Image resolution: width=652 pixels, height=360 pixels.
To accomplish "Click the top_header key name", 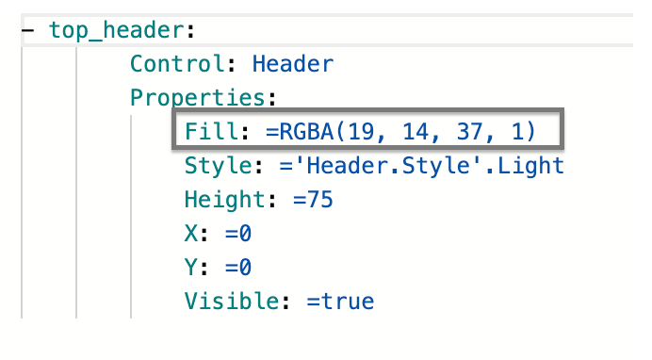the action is pyautogui.click(x=117, y=30).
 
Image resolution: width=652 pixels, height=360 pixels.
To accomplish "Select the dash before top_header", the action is pyautogui.click(x=28, y=30).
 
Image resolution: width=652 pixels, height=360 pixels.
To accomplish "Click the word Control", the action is pyautogui.click(x=177, y=63).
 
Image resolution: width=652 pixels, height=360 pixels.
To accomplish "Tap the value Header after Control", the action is pyautogui.click(x=293, y=63).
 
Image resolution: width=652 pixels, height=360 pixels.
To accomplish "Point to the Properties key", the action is pyautogui.click(x=198, y=98).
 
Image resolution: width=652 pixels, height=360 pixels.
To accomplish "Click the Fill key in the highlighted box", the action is pyautogui.click(x=211, y=131).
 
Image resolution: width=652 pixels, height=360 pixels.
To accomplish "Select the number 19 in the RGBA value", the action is pyautogui.click(x=362, y=131).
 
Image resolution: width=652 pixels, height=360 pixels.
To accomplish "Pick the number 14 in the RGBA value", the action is pyautogui.click(x=416, y=131).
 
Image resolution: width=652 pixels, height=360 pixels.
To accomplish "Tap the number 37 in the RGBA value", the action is pyautogui.click(x=470, y=131).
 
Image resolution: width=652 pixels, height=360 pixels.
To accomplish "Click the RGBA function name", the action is pyautogui.click(x=306, y=131).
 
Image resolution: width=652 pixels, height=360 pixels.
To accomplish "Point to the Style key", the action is pyautogui.click(x=218, y=166).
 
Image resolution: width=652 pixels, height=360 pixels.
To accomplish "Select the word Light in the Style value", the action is pyautogui.click(x=531, y=166).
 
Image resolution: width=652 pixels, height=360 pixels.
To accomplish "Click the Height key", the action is pyautogui.click(x=224, y=199).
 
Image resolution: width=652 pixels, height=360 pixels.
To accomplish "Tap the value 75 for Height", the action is pyautogui.click(x=319, y=200).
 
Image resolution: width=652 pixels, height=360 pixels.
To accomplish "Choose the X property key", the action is pyautogui.click(x=191, y=233).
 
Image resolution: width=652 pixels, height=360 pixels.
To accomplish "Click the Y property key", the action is pyautogui.click(x=191, y=267).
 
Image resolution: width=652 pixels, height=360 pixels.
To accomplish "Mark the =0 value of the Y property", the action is pyautogui.click(x=238, y=267).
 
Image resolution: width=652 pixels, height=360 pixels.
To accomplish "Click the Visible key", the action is pyautogui.click(x=231, y=301).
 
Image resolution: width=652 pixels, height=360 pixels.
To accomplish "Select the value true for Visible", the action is pyautogui.click(x=348, y=302).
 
